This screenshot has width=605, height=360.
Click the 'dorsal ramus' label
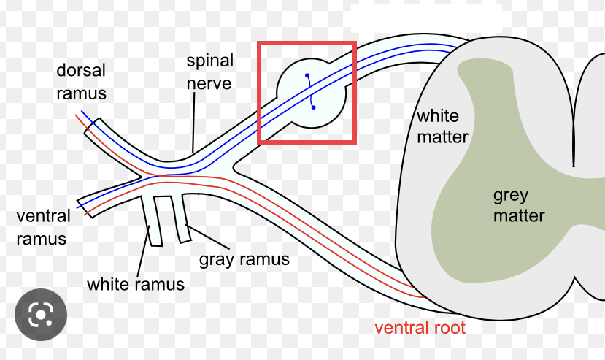pos(82,82)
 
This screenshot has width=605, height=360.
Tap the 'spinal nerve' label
pos(209,72)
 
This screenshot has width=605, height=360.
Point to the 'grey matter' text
pos(518,205)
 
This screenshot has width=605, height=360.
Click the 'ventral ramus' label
pos(43,227)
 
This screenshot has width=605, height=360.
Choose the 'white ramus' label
pos(135,283)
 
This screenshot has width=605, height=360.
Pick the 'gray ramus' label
pos(244,258)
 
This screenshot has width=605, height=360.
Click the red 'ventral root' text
pos(420,327)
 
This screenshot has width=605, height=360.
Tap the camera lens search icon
pos(41,315)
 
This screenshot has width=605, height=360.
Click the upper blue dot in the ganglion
pos(307,75)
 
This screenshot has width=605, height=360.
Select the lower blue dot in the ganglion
pos(313,107)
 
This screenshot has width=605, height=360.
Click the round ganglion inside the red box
pos(310,91)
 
